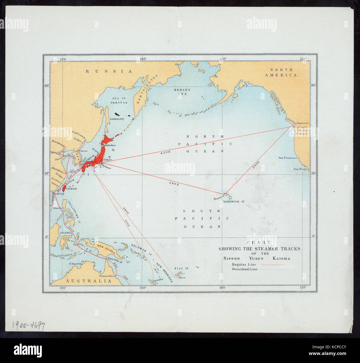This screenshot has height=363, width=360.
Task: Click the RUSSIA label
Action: pyautogui.click(x=109, y=71)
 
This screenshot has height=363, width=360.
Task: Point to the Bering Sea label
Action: pyautogui.click(x=182, y=92)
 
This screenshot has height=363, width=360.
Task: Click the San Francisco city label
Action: pyautogui.click(x=288, y=158)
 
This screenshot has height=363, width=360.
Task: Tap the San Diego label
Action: pyautogui.click(x=300, y=169)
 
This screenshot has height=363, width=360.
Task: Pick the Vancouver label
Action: pyautogui.click(x=303, y=123)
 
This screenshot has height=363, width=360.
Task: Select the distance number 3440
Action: pyautogui.click(x=174, y=183)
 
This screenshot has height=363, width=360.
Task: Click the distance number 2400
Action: pyautogui.click(x=256, y=165)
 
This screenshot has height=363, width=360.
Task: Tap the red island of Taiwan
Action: pyautogui.click(x=63, y=188)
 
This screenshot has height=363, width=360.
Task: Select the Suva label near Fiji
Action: pyautogui.click(x=182, y=277)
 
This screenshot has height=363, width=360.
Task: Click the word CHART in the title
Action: pyautogui.click(x=259, y=242)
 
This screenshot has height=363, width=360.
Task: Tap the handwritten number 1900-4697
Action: pyautogui.click(x=28, y=326)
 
